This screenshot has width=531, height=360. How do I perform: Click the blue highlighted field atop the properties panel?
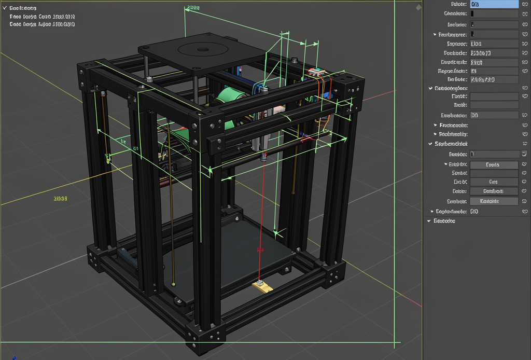coord(494,4)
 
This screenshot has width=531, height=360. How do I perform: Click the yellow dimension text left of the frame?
coord(61,199)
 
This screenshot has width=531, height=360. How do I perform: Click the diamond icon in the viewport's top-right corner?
coord(418,7)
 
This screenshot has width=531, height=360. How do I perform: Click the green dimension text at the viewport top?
coord(193,8)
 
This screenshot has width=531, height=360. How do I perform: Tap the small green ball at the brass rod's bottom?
coord(173,284)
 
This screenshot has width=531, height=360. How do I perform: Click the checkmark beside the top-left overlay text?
coord(5,8)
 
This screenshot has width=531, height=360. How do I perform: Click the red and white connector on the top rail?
coord(315,73)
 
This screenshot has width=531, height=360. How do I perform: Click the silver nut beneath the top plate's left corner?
coord(149,79)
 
